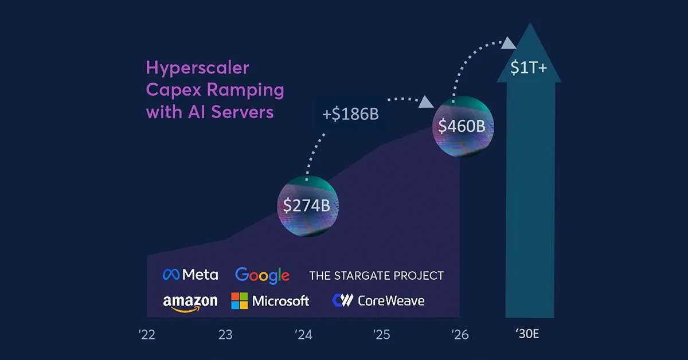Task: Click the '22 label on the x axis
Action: tap(147, 335)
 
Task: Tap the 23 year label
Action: tap(225, 335)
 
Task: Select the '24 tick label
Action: tap(304, 335)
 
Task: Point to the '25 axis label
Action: tap(382, 335)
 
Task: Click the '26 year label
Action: tap(460, 335)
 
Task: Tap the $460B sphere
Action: tap(463, 126)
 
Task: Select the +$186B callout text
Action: tap(351, 114)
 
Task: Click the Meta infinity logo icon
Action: tap(171, 275)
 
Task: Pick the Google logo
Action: tap(262, 275)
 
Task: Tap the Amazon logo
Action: tap(190, 302)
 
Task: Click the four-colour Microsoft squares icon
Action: tap(240, 301)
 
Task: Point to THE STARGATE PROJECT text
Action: tap(376, 276)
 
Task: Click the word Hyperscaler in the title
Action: tap(198, 68)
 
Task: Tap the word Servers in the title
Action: tap(241, 112)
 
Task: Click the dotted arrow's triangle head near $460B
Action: tap(426, 102)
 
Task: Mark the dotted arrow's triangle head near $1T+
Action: tap(509, 42)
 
